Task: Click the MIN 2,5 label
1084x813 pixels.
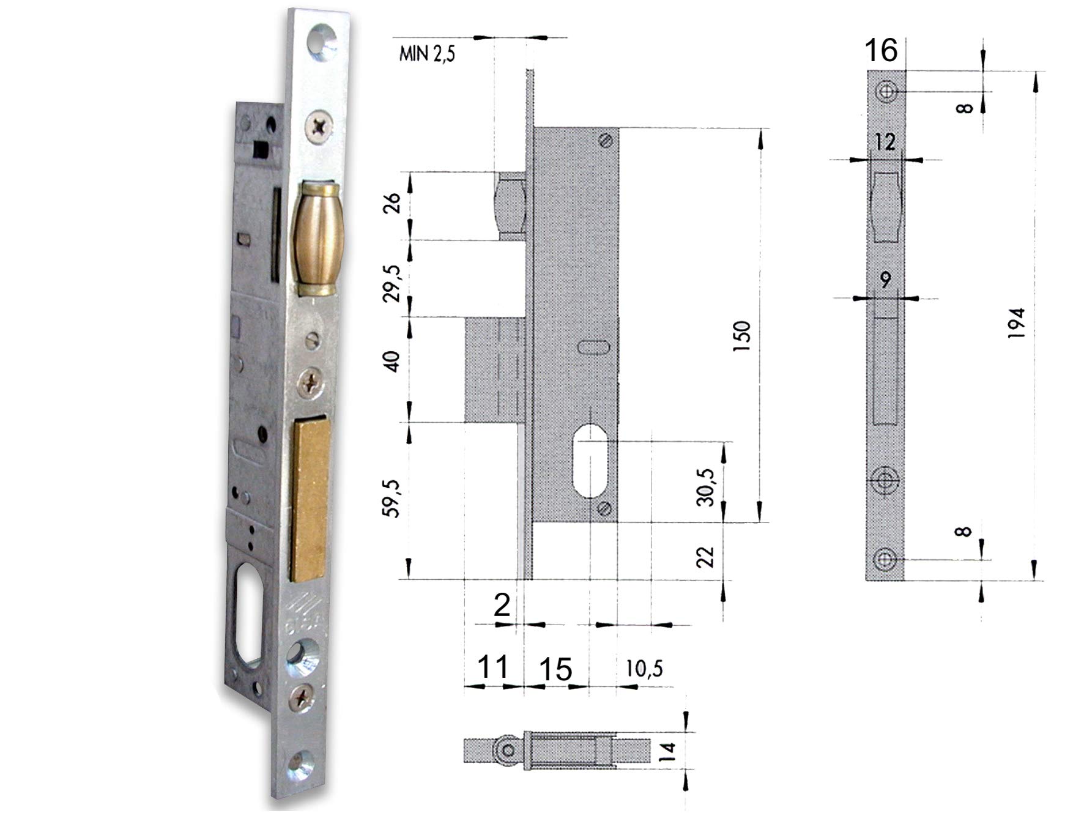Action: (x=427, y=54)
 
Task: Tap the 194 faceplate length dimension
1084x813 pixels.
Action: (x=1016, y=323)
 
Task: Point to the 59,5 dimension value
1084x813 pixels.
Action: (x=392, y=499)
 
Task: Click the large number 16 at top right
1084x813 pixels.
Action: (x=881, y=50)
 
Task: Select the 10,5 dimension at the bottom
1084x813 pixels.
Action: (x=644, y=669)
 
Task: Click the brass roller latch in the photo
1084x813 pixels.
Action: (x=317, y=236)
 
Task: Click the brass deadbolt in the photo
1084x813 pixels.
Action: (x=311, y=499)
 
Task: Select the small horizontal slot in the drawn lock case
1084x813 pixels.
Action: (x=593, y=347)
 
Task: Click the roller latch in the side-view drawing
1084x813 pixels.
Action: (x=510, y=206)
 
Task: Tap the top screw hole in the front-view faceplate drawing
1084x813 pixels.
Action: (x=885, y=93)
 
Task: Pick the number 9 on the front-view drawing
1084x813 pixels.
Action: (x=885, y=280)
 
